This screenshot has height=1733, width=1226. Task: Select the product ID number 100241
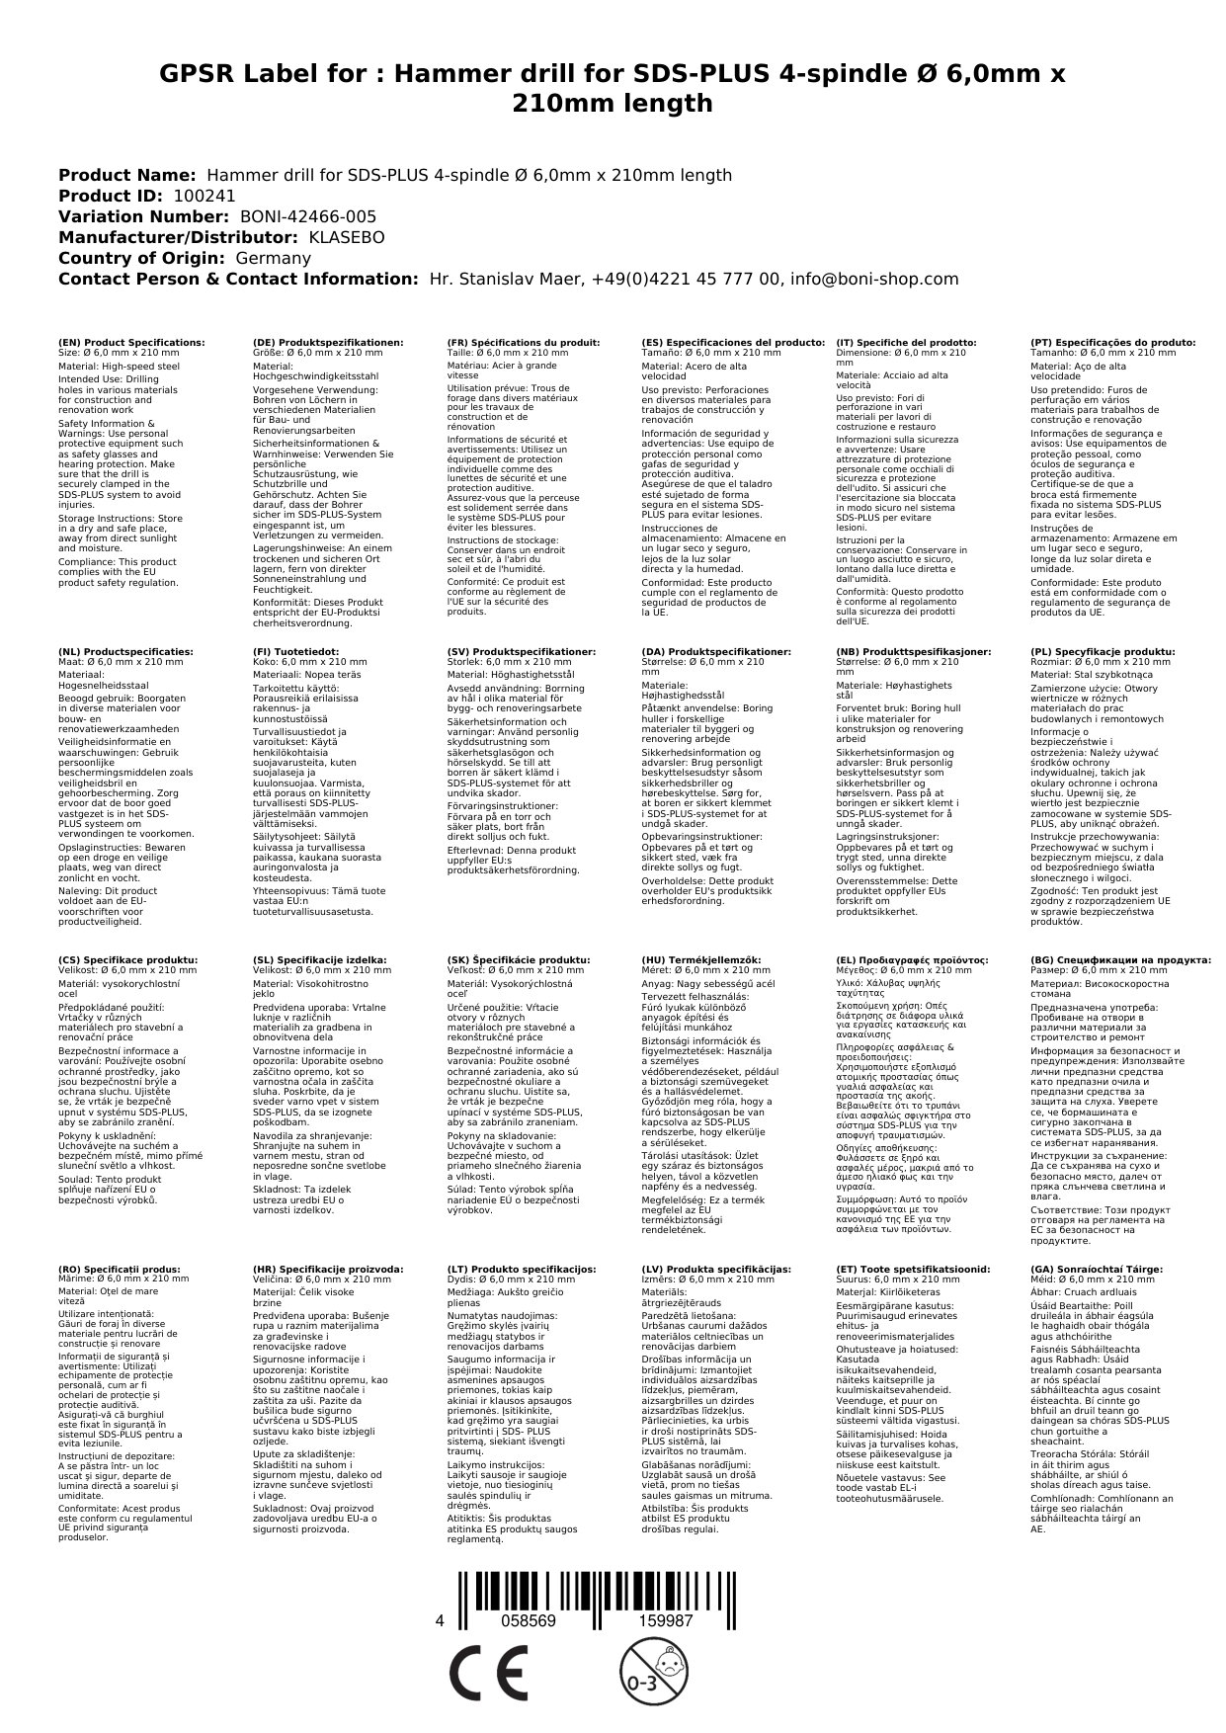point(204,196)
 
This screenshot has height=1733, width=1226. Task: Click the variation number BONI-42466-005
point(308,216)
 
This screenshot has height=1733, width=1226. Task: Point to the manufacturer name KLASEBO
point(347,237)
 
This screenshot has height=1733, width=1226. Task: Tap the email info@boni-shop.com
point(869,279)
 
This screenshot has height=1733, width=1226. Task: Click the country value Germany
point(273,258)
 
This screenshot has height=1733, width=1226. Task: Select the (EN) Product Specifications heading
point(131,342)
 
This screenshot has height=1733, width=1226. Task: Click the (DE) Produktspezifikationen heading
point(328,342)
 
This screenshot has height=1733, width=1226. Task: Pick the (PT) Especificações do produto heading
point(1112,342)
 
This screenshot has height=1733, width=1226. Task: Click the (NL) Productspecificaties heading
point(125,652)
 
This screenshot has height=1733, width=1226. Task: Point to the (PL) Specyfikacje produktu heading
point(1103,652)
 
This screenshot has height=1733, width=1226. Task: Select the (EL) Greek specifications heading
point(912,959)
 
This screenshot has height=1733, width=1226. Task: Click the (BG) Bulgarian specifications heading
point(1120,959)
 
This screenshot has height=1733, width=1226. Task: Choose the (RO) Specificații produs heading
point(119,1269)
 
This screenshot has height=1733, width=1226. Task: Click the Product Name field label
point(126,175)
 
